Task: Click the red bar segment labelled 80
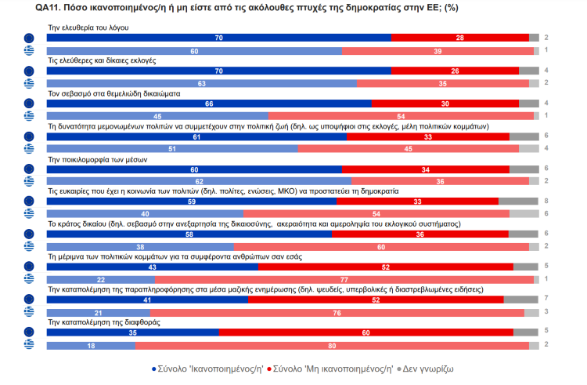(x=332, y=345)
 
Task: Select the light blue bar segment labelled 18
(x=91, y=345)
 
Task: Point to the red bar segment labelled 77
(x=344, y=280)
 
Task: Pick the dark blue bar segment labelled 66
(x=209, y=104)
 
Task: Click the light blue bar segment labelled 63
(x=202, y=83)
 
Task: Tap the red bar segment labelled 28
(x=459, y=38)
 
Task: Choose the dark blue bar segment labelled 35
(x=133, y=332)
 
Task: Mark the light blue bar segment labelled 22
(x=101, y=280)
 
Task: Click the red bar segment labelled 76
(x=337, y=312)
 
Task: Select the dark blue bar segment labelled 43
(x=153, y=267)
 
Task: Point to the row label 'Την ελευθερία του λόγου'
(x=88, y=27)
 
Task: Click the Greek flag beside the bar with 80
(x=30, y=345)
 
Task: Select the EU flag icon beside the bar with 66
(x=30, y=104)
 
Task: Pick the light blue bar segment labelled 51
(x=171, y=149)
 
